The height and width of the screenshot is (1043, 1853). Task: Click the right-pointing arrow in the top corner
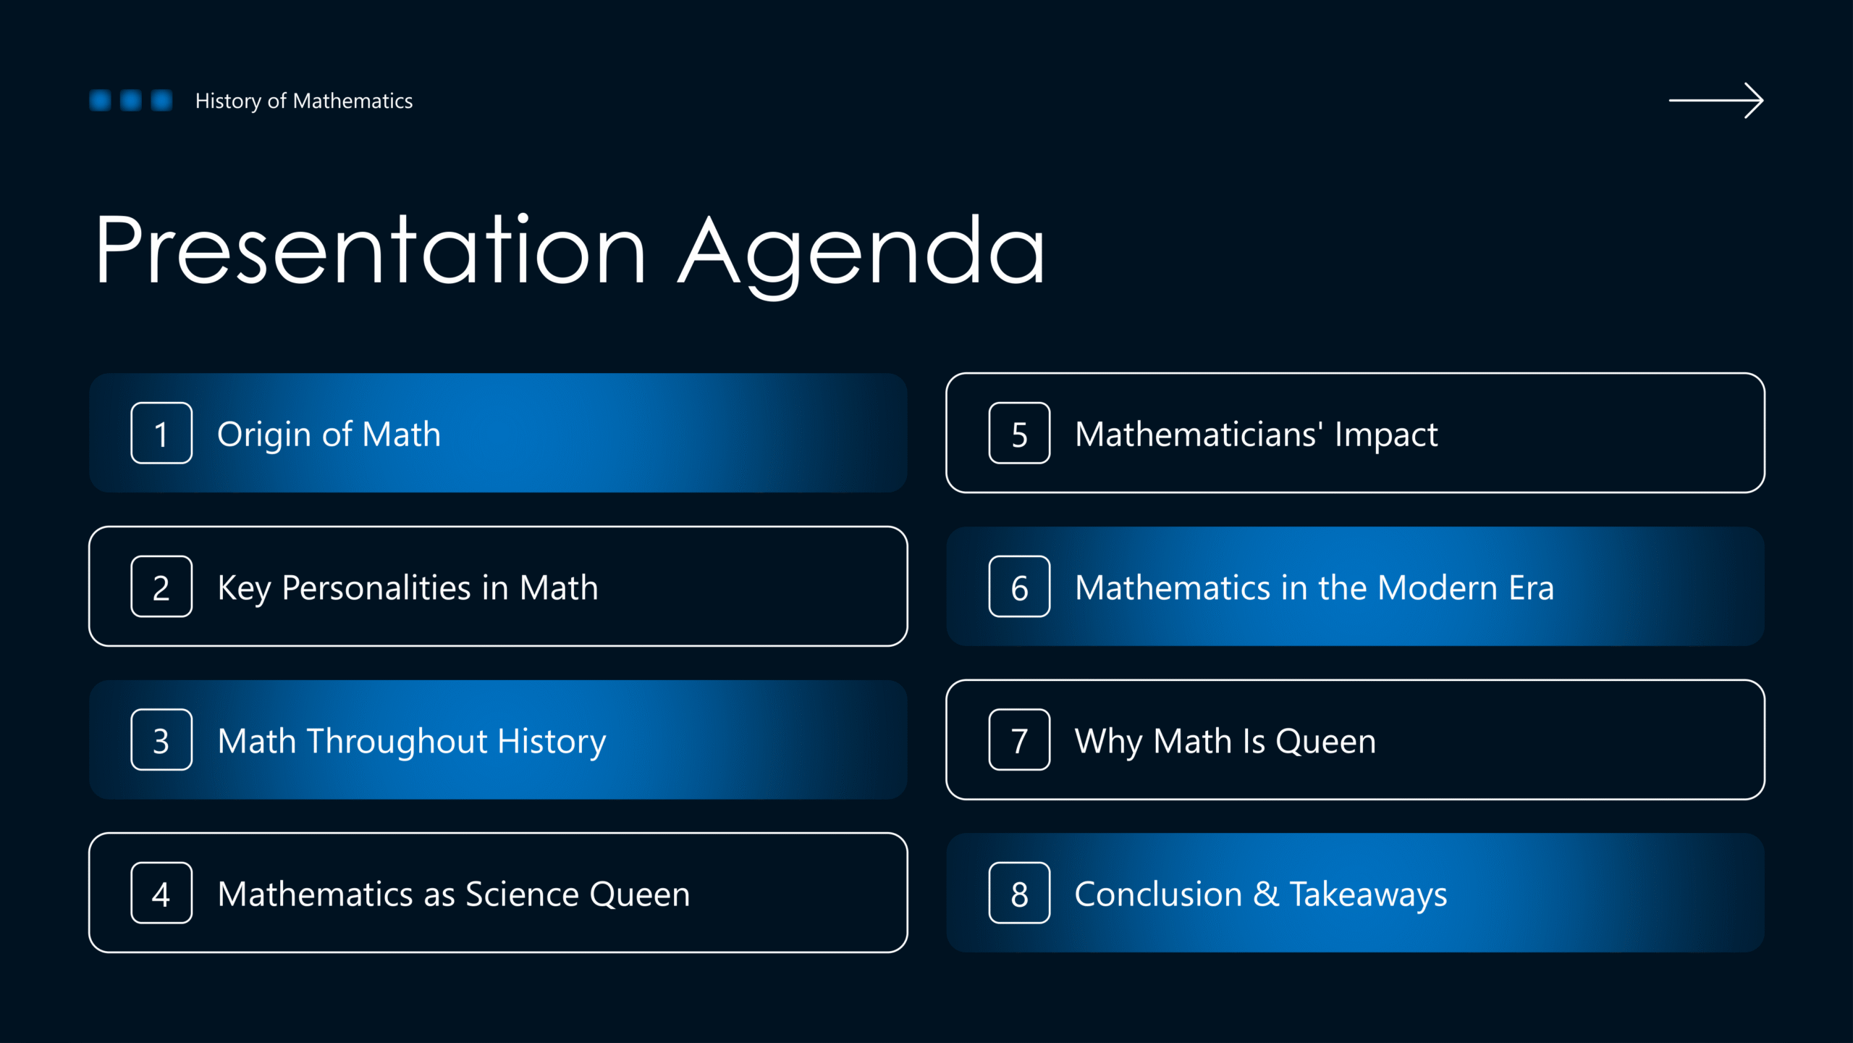pos(1716,101)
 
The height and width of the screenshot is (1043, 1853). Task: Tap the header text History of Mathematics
pos(304,101)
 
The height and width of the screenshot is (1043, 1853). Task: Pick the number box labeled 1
pos(161,433)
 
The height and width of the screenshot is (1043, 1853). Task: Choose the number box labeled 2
pos(161,587)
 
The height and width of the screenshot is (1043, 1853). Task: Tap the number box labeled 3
pos(161,740)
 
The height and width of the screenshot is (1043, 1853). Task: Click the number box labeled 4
pos(161,893)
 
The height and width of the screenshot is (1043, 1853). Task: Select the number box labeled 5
pos(1019,433)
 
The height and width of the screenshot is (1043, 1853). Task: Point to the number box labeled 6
pos(1019,587)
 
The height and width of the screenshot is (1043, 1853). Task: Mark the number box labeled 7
pos(1019,740)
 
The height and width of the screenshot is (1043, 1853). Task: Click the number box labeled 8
pos(1019,893)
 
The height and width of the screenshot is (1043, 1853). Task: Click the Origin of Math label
pos(329,435)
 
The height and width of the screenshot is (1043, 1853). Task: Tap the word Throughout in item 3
pos(397,742)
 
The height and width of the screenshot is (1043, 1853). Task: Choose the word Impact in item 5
pos(1386,435)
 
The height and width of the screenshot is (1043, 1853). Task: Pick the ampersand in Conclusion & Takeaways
pos(1266,894)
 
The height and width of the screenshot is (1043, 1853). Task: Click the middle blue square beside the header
pos(131,100)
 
